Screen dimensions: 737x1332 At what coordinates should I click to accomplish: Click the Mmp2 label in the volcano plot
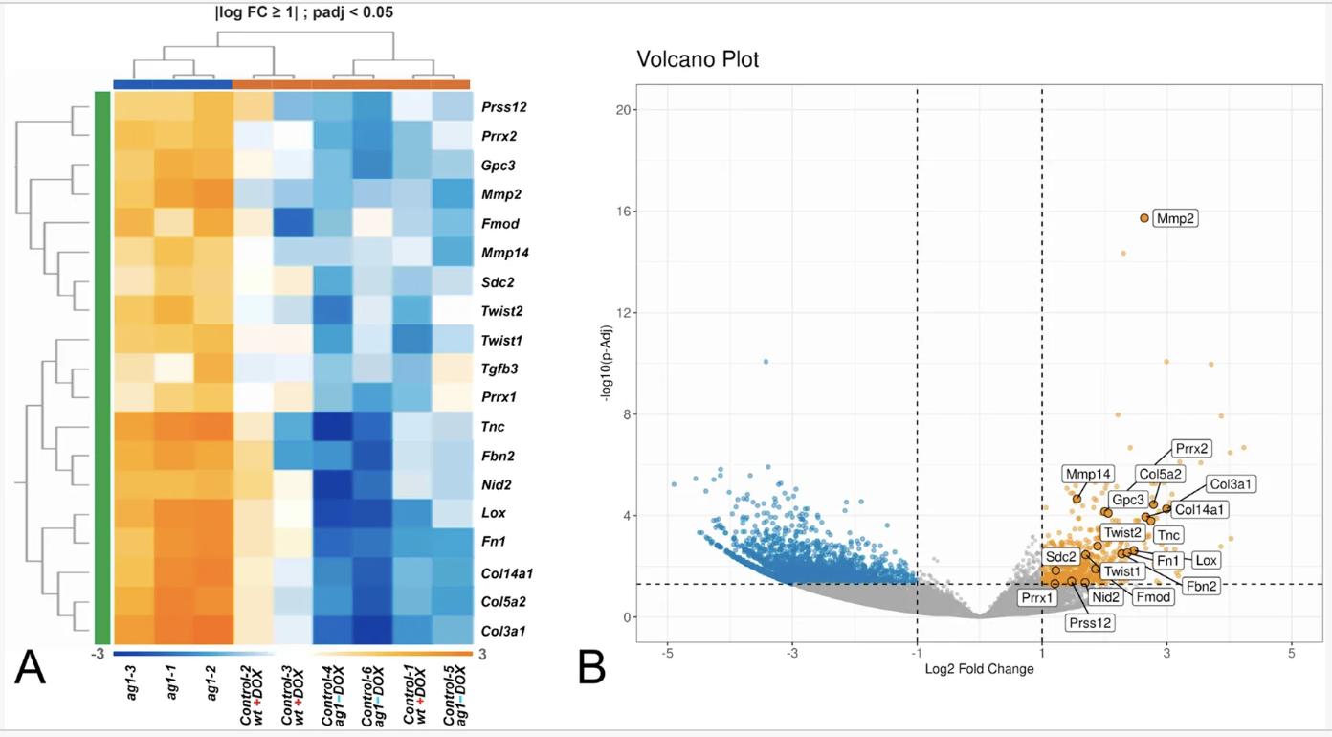[x=1176, y=219]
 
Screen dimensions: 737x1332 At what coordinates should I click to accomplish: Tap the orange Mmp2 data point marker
[x=1144, y=218]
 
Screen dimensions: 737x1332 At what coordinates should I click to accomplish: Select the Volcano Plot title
[x=698, y=59]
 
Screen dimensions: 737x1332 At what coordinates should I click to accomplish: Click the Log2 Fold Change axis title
[x=979, y=669]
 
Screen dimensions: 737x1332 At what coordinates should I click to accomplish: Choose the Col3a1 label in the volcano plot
[x=1231, y=484]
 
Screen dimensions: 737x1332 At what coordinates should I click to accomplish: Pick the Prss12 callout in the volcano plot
[x=1091, y=622]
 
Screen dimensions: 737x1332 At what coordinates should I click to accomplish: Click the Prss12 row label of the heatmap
[x=504, y=108]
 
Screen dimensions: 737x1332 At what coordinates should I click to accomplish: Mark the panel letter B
[x=591, y=667]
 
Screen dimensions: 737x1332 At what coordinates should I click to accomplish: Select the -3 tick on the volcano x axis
[x=792, y=653]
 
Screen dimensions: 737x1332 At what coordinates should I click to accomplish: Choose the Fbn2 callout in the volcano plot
[x=1201, y=586]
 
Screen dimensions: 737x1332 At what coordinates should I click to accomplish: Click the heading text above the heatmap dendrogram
[x=290, y=12]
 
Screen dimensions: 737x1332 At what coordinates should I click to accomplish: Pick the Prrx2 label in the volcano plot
[x=1192, y=448]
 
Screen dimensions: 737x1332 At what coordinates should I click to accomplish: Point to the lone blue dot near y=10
[x=766, y=362]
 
